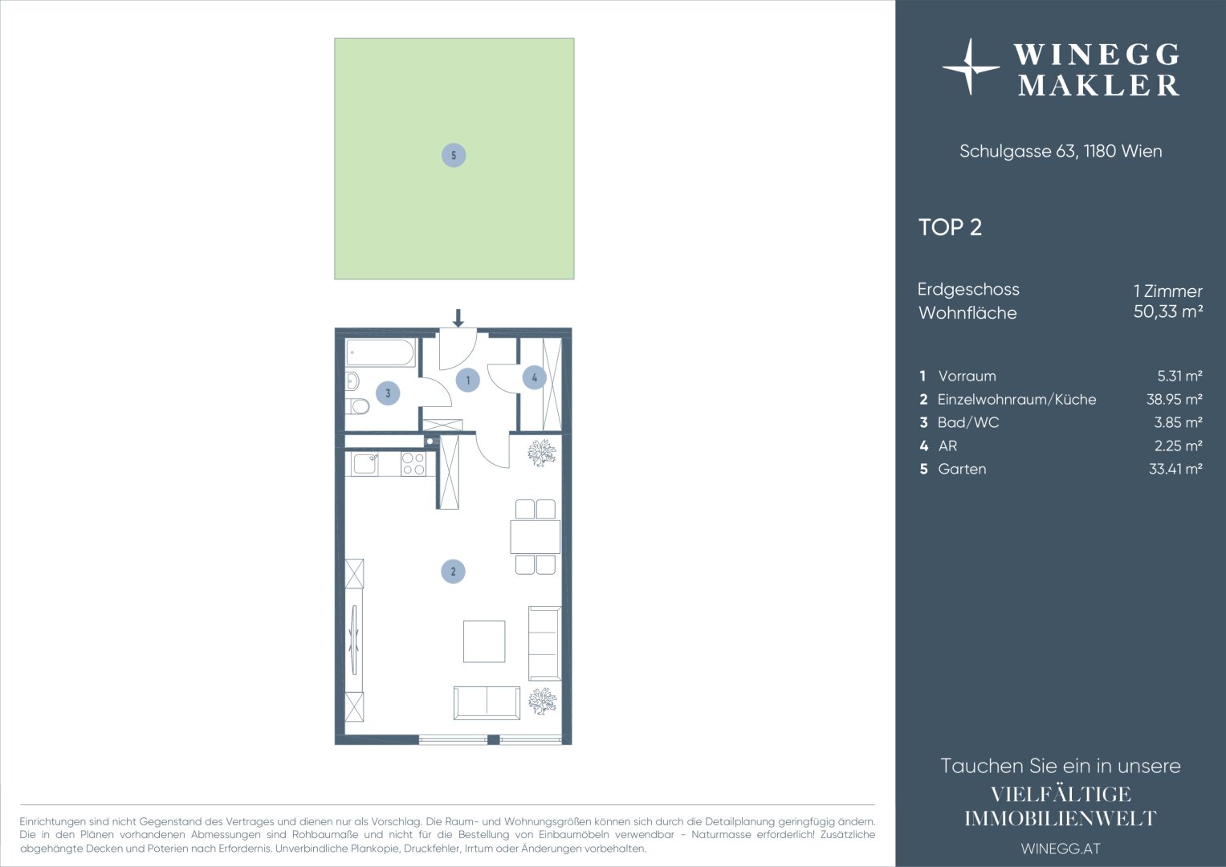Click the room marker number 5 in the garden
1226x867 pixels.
click(453, 156)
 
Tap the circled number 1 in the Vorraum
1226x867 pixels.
click(467, 380)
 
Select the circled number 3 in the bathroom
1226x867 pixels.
click(388, 393)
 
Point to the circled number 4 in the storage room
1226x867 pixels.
click(534, 377)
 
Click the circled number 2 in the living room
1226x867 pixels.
click(453, 572)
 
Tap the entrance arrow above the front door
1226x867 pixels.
click(458, 318)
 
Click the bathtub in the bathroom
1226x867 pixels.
click(381, 352)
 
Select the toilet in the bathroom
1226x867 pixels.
click(357, 406)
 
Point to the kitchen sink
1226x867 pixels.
click(365, 464)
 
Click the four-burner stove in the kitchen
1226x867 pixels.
click(413, 464)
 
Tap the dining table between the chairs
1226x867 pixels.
click(536, 537)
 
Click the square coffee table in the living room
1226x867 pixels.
click(484, 641)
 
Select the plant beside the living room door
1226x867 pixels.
click(542, 453)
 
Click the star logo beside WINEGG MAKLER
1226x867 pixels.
click(971, 67)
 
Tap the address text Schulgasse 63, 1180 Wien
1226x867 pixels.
click(1061, 151)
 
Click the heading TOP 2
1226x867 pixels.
click(950, 227)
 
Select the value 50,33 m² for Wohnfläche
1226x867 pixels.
click(1168, 311)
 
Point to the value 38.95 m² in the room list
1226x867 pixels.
click(1175, 400)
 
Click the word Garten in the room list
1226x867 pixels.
click(962, 469)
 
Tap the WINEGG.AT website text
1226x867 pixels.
click(1061, 849)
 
